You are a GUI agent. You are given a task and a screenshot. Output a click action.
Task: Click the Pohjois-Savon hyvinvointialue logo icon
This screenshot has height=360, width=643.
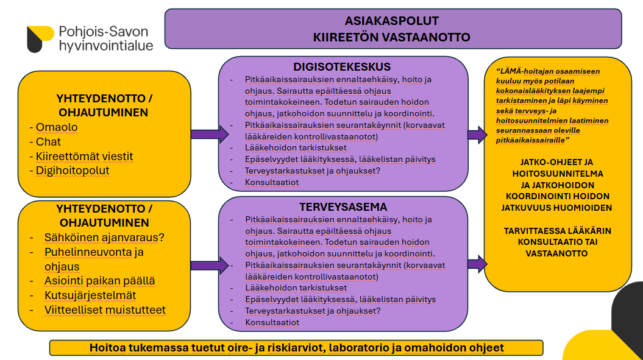[40, 38]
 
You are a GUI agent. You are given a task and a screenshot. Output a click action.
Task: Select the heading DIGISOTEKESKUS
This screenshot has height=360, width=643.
[342, 66]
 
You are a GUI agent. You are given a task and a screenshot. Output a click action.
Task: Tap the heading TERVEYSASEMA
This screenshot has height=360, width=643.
[343, 207]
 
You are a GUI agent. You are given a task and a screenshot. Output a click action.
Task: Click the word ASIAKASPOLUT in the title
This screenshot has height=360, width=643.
[392, 21]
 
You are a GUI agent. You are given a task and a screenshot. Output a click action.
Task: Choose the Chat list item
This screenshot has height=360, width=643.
[48, 142]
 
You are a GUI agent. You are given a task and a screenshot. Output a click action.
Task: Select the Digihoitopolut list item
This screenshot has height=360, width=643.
[73, 171]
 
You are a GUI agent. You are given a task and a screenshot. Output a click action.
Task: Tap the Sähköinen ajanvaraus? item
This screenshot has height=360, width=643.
[104, 237]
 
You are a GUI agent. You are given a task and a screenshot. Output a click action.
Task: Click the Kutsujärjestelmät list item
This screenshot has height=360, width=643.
[90, 295]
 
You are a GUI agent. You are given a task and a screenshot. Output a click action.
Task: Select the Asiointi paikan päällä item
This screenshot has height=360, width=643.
[99, 281]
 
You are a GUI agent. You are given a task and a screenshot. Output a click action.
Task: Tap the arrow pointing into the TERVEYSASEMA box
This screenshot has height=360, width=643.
[204, 265]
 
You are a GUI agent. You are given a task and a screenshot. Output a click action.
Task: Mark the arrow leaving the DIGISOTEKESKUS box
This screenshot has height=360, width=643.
[477, 135]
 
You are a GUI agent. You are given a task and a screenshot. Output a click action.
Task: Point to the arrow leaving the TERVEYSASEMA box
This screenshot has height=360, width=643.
[477, 264]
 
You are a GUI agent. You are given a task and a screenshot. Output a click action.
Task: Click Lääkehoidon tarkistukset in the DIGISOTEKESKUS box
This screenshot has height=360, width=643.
[296, 148]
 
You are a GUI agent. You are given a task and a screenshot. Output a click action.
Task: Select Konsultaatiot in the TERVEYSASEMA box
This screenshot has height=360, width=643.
[272, 322]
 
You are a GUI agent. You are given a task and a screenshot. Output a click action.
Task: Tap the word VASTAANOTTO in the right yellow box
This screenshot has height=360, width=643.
[557, 253]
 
